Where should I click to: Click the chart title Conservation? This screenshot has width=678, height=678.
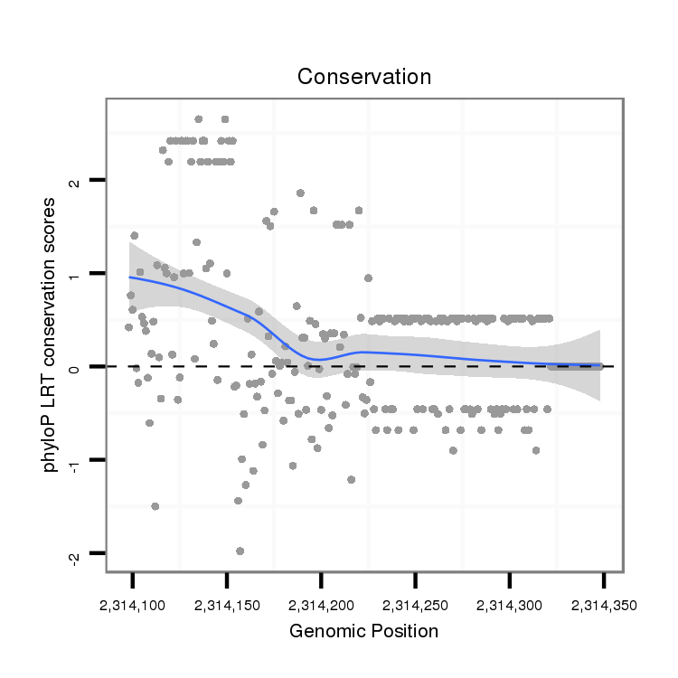coord(364,77)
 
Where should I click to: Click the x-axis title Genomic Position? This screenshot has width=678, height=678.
coord(363,631)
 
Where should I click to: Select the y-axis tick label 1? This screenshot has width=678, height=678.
coord(74,274)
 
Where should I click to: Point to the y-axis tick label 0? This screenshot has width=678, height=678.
coord(74,367)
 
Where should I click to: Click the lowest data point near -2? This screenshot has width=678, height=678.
coord(240,551)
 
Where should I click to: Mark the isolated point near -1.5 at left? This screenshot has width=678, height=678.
coord(155,506)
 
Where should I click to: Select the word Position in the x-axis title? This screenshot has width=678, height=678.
coord(402,631)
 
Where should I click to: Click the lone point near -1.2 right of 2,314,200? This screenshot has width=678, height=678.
coord(351,479)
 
